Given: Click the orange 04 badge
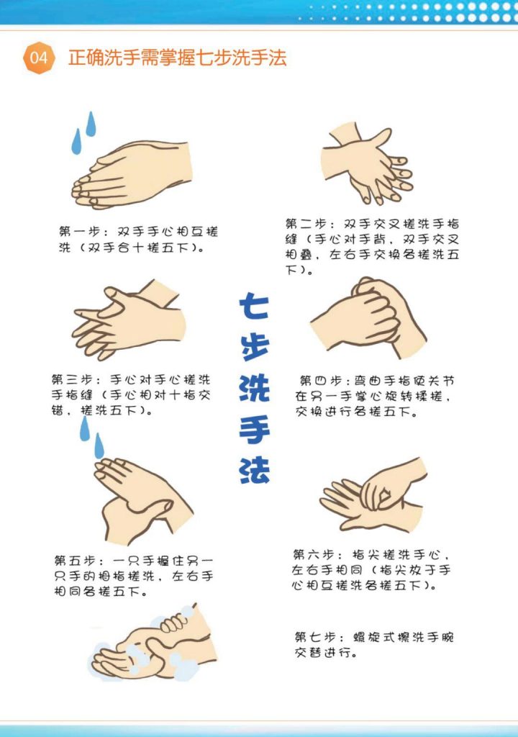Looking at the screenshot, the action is point(39,58).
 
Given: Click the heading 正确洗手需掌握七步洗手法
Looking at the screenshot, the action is point(177,58).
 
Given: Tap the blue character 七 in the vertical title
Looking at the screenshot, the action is point(254,306).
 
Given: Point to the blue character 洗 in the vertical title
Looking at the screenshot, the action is point(254,387).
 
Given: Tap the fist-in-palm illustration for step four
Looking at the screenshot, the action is point(368,317).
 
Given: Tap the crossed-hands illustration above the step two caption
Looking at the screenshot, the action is point(367,163).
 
